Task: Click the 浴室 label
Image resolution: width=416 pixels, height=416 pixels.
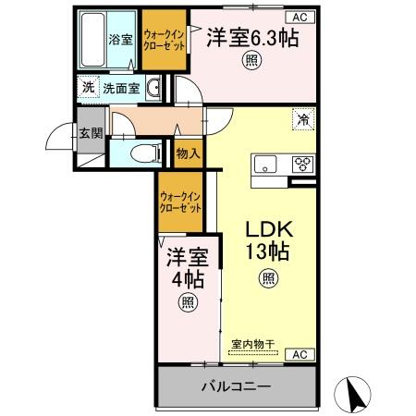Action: click(120, 40)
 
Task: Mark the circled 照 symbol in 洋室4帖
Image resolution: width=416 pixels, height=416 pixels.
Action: click(188, 300)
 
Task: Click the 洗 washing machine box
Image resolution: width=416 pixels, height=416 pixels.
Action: click(86, 87)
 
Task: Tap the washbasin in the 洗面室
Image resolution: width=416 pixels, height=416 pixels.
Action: click(154, 89)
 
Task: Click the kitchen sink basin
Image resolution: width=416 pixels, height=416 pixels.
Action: click(266, 166)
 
